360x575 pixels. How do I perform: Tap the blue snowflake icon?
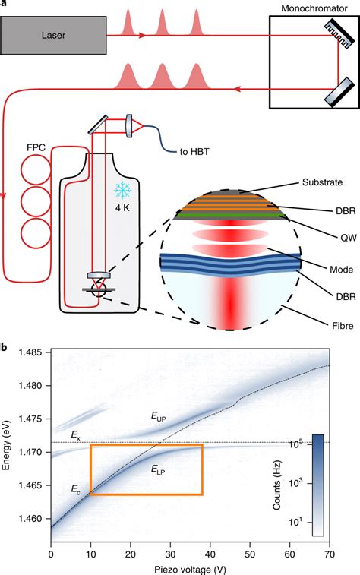tap(120, 191)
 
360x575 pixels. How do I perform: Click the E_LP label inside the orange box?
tap(159, 469)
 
